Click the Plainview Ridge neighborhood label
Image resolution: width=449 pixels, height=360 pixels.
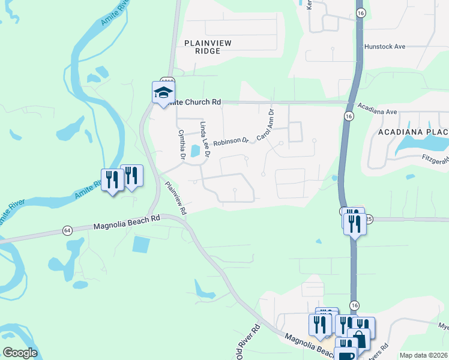(202, 47)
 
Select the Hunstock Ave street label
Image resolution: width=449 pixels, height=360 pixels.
(385, 46)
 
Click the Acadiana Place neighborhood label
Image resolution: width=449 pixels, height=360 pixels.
(413, 131)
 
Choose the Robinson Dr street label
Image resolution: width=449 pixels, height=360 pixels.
(231, 142)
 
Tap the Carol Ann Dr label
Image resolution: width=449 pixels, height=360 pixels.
(265, 125)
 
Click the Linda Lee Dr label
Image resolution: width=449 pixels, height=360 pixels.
(205, 139)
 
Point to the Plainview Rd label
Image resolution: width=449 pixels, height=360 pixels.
(176, 198)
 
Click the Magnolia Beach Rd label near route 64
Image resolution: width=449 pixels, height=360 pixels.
(127, 223)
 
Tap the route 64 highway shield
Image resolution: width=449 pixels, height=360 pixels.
(67, 230)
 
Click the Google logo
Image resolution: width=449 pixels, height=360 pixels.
(20, 353)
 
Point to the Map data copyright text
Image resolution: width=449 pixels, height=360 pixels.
(423, 355)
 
